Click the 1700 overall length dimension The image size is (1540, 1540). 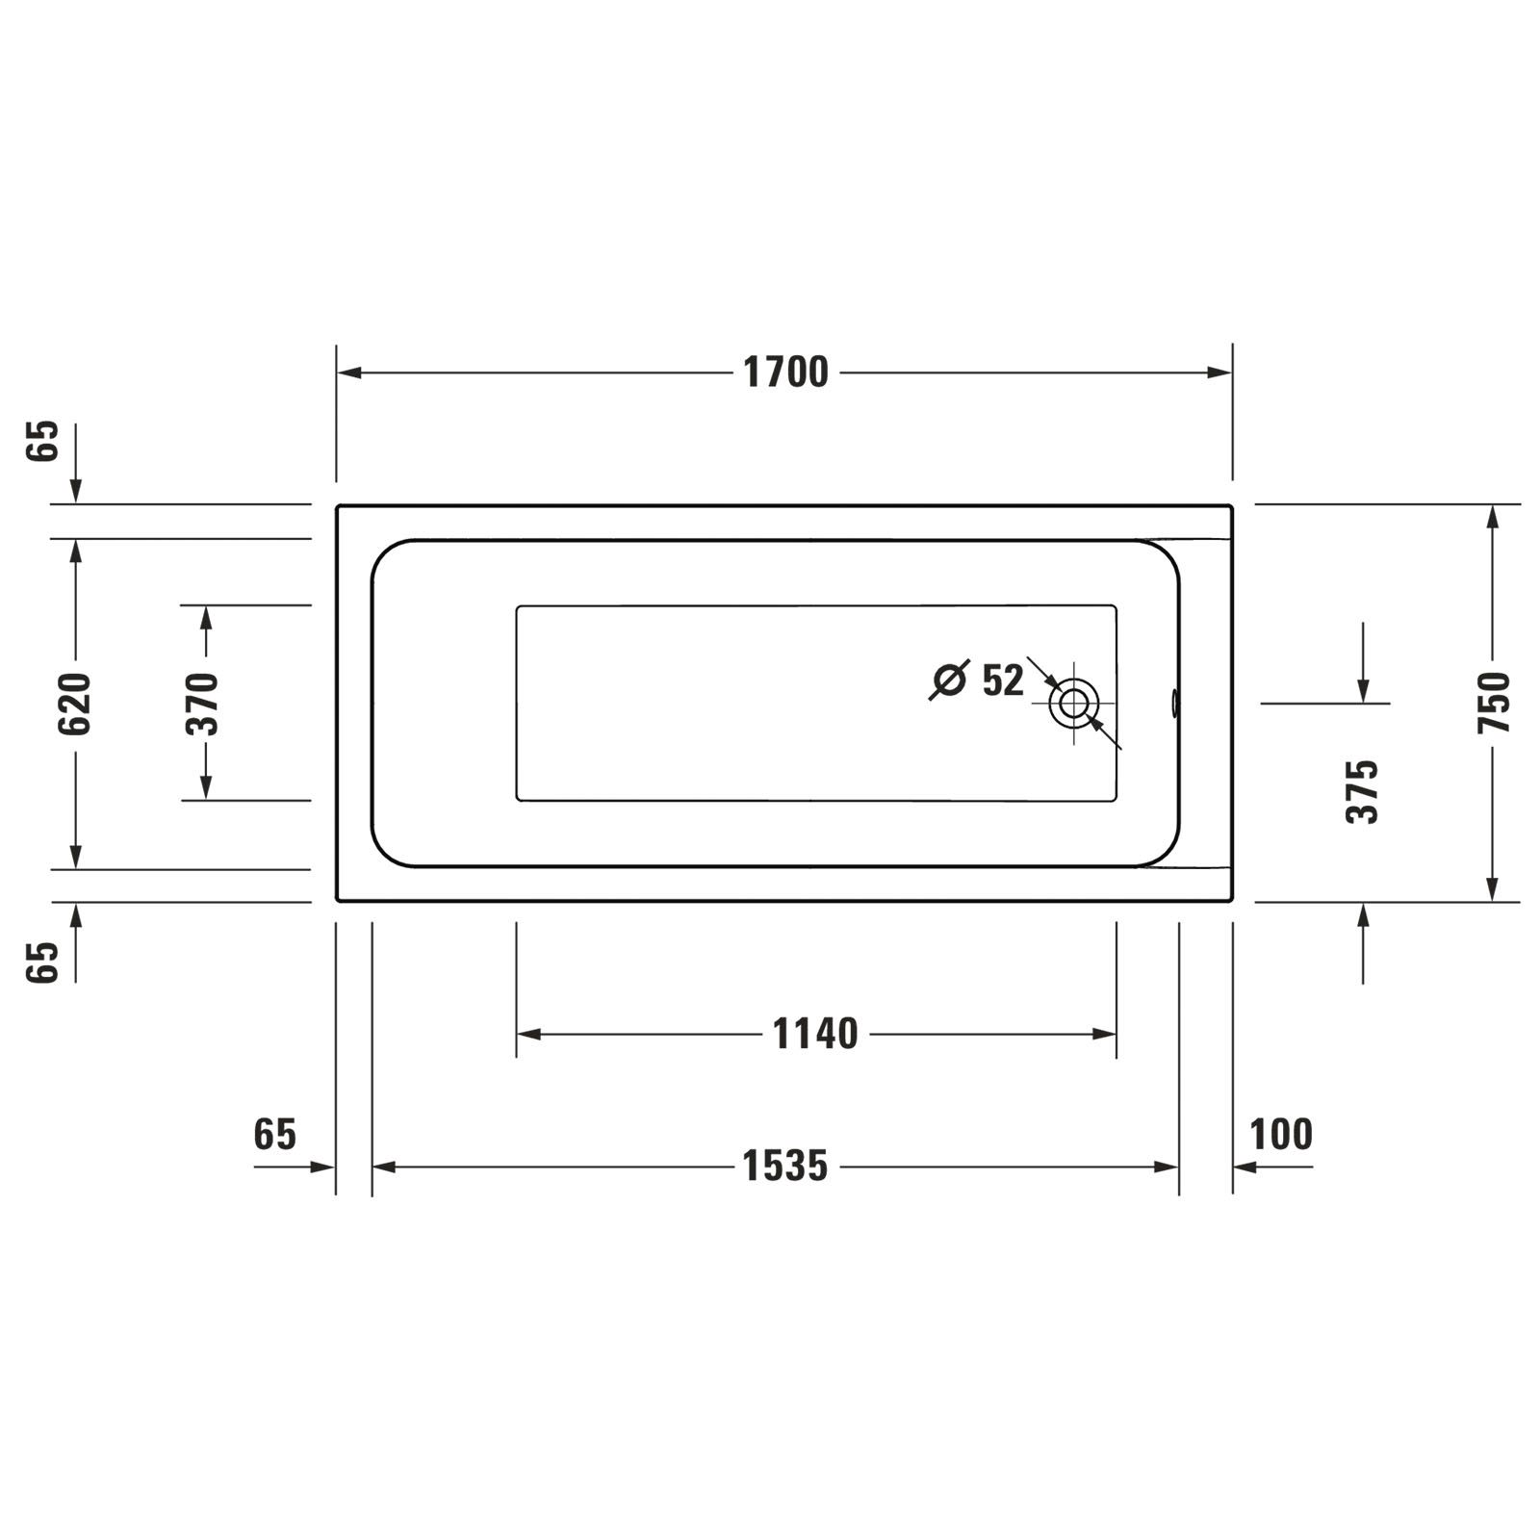(785, 372)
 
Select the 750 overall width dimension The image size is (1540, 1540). (1494, 704)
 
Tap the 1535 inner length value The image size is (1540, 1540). (785, 1167)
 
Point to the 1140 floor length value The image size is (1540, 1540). (815, 1035)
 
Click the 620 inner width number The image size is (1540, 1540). (75, 704)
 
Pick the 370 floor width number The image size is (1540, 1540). (204, 704)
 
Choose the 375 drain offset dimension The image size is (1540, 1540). (1363, 791)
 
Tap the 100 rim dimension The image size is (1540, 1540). (1281, 1135)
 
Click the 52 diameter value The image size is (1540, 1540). (1003, 680)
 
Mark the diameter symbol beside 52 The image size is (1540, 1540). (949, 680)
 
